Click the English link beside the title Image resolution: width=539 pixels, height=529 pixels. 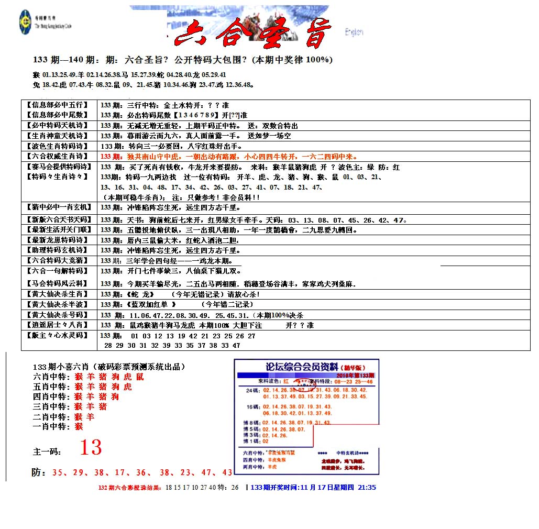point(354,32)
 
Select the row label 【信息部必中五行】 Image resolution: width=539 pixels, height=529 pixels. point(57,105)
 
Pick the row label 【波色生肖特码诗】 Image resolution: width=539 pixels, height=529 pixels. point(58,146)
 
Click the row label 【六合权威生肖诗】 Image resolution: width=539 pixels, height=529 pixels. point(58,156)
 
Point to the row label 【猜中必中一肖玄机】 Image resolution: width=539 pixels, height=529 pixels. point(58,207)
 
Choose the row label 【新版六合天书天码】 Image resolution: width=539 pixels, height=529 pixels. point(58,219)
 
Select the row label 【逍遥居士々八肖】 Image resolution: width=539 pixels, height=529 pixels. point(58,325)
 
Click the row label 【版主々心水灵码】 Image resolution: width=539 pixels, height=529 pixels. point(58,335)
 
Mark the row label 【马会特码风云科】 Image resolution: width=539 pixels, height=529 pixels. point(58,284)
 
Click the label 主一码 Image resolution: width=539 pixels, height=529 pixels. point(47,451)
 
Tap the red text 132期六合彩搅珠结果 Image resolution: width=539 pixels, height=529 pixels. point(130,488)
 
